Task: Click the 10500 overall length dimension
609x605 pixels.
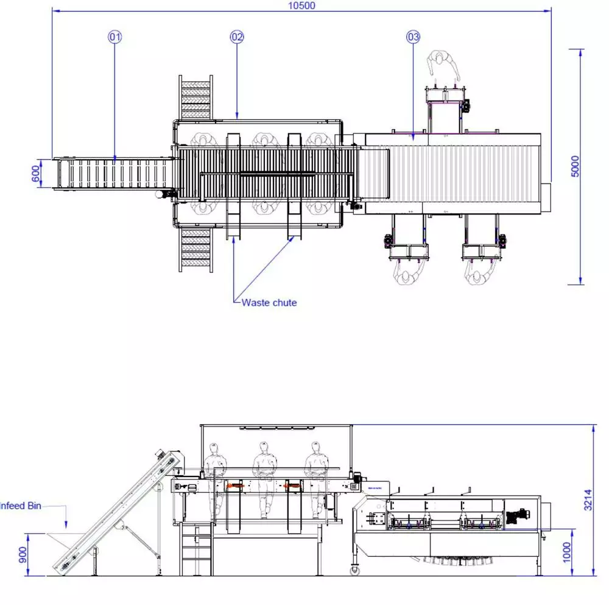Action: click(301, 5)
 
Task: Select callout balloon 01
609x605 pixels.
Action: click(114, 37)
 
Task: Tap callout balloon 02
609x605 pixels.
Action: click(237, 37)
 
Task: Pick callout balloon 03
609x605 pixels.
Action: click(414, 37)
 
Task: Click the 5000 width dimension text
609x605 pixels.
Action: click(576, 166)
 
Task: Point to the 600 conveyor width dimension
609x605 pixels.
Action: click(35, 173)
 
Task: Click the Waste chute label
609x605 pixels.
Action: click(269, 303)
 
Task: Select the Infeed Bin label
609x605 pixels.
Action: click(20, 506)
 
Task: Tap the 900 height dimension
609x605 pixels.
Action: click(23, 554)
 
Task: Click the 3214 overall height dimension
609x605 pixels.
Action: click(588, 500)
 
